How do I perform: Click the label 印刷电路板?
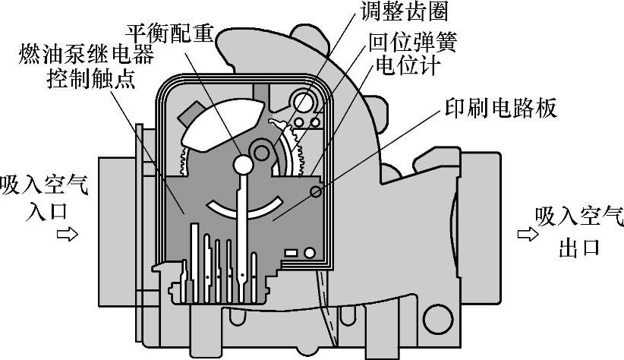tap(499, 108)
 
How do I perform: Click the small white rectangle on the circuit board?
tap(291, 251)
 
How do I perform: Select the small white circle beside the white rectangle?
tap(310, 252)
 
